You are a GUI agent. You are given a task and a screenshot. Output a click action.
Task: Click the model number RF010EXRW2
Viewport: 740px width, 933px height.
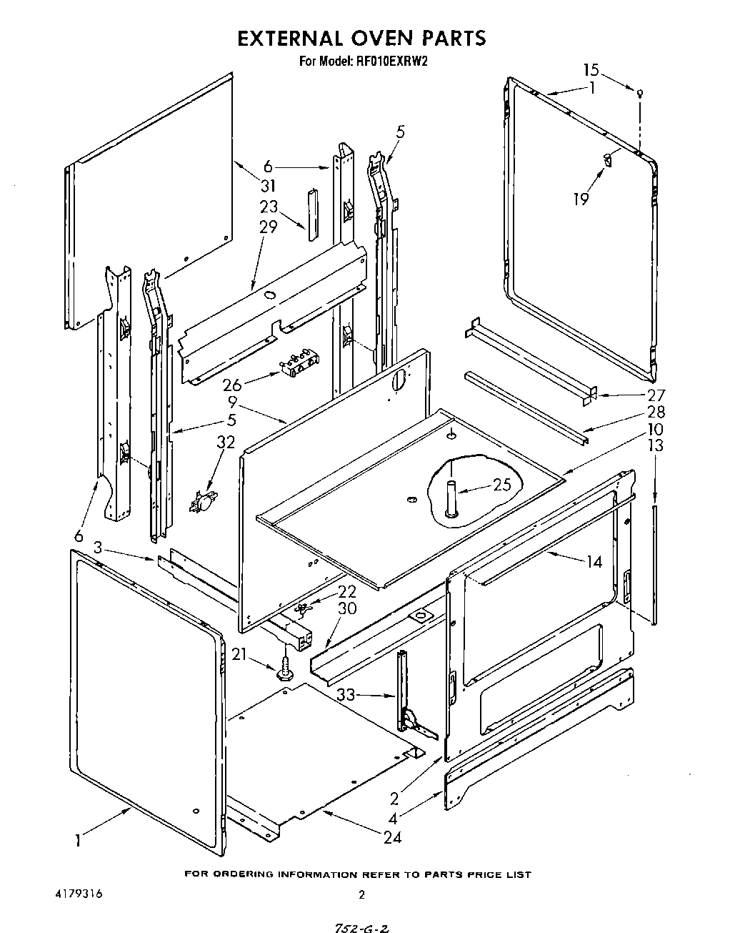393,61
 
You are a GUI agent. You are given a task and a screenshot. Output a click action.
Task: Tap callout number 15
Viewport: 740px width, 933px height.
591,70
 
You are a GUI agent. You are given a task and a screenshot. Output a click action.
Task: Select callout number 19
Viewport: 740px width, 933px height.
581,199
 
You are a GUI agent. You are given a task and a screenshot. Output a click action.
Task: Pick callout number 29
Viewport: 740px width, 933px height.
268,227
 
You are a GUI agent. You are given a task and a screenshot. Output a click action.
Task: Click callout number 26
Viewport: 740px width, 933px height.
231,385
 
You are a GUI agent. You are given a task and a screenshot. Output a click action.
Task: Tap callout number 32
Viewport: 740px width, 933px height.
226,442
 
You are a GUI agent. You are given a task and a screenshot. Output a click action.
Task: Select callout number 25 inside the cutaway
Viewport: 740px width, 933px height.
502,485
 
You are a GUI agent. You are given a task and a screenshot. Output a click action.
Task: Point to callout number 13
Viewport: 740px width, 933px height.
655,445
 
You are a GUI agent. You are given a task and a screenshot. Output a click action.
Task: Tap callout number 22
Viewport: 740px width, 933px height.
346,591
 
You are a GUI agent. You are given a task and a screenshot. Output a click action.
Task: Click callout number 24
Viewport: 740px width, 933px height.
392,836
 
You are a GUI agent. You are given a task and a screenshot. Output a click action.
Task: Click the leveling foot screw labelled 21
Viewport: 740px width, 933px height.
286,671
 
